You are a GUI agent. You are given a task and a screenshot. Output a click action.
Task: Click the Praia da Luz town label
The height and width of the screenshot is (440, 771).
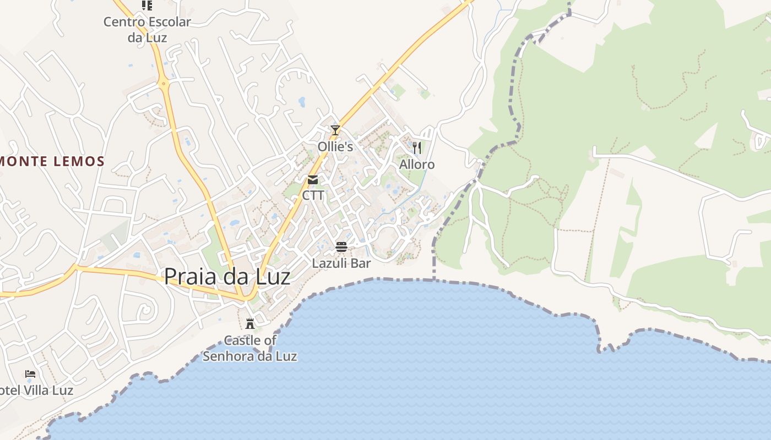tap(227, 276)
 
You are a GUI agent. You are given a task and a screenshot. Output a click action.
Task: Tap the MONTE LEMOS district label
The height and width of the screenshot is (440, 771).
tap(53, 162)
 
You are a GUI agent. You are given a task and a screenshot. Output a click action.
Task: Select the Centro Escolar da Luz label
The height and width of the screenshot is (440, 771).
tap(147, 30)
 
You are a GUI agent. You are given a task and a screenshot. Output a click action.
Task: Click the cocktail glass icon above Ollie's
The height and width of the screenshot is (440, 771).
tap(335, 130)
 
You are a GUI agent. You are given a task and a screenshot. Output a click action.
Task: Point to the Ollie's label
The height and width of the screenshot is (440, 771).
tap(335, 147)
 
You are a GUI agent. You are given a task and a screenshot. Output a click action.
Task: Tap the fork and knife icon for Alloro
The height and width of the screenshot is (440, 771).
tap(417, 147)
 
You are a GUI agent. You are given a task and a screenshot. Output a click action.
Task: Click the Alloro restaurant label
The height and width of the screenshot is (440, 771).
tap(417, 164)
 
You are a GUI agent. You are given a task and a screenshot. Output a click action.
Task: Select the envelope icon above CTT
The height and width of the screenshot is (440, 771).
tap(313, 180)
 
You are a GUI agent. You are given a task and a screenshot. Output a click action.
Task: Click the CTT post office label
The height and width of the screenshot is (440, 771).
tap(313, 196)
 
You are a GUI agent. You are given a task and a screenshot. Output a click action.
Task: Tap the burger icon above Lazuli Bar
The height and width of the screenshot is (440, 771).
tap(341, 246)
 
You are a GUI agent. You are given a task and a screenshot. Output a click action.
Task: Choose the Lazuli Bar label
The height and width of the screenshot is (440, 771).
tap(341, 263)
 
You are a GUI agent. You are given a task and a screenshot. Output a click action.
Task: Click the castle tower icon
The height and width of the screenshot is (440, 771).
tap(250, 323)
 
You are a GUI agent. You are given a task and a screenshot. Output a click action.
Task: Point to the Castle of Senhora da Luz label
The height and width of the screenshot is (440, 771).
tap(250, 348)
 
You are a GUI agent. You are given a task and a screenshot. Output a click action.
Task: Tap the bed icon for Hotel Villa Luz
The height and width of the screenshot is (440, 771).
tap(30, 375)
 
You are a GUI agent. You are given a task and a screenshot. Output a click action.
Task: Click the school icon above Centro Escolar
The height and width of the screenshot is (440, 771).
tap(147, 5)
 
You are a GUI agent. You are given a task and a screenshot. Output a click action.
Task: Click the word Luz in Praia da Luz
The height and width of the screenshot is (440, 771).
tap(270, 276)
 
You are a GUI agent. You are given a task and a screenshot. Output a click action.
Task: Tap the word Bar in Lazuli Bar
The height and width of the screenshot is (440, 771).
tap(361, 263)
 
